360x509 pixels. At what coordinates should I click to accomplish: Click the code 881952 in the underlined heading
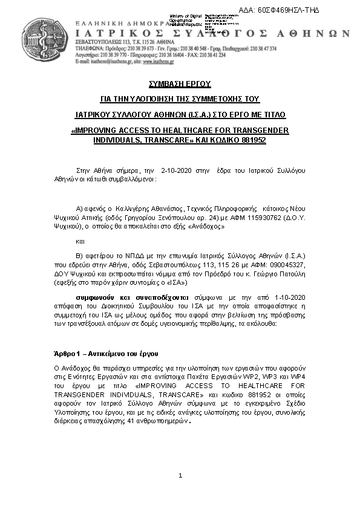pyautogui.click(x=249, y=140)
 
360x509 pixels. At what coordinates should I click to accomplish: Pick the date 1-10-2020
pyautogui.click(x=291, y=298)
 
